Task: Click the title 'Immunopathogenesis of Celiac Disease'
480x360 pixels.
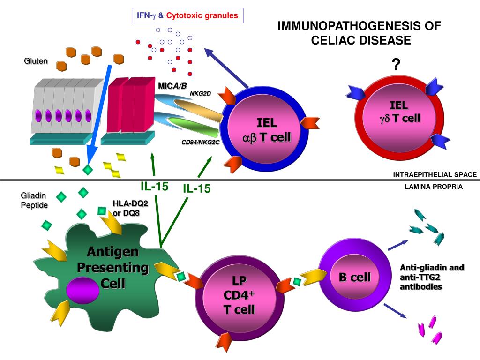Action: (x=360, y=33)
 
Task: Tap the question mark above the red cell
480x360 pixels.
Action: (x=396, y=64)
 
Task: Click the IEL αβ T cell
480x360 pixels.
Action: (x=266, y=130)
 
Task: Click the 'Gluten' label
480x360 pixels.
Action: (x=36, y=61)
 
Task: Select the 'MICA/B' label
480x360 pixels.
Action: (x=172, y=85)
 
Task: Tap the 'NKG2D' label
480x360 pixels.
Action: (x=200, y=93)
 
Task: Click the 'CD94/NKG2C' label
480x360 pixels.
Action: (x=201, y=142)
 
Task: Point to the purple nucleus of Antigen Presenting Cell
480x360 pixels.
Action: (x=82, y=289)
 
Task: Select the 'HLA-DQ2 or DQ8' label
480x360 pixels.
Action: (x=126, y=208)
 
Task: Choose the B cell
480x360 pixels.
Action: (x=354, y=277)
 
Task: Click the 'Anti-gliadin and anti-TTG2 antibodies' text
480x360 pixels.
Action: (x=431, y=277)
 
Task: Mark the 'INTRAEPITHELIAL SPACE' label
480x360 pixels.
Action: (x=435, y=174)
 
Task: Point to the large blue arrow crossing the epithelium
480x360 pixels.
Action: (x=99, y=112)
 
